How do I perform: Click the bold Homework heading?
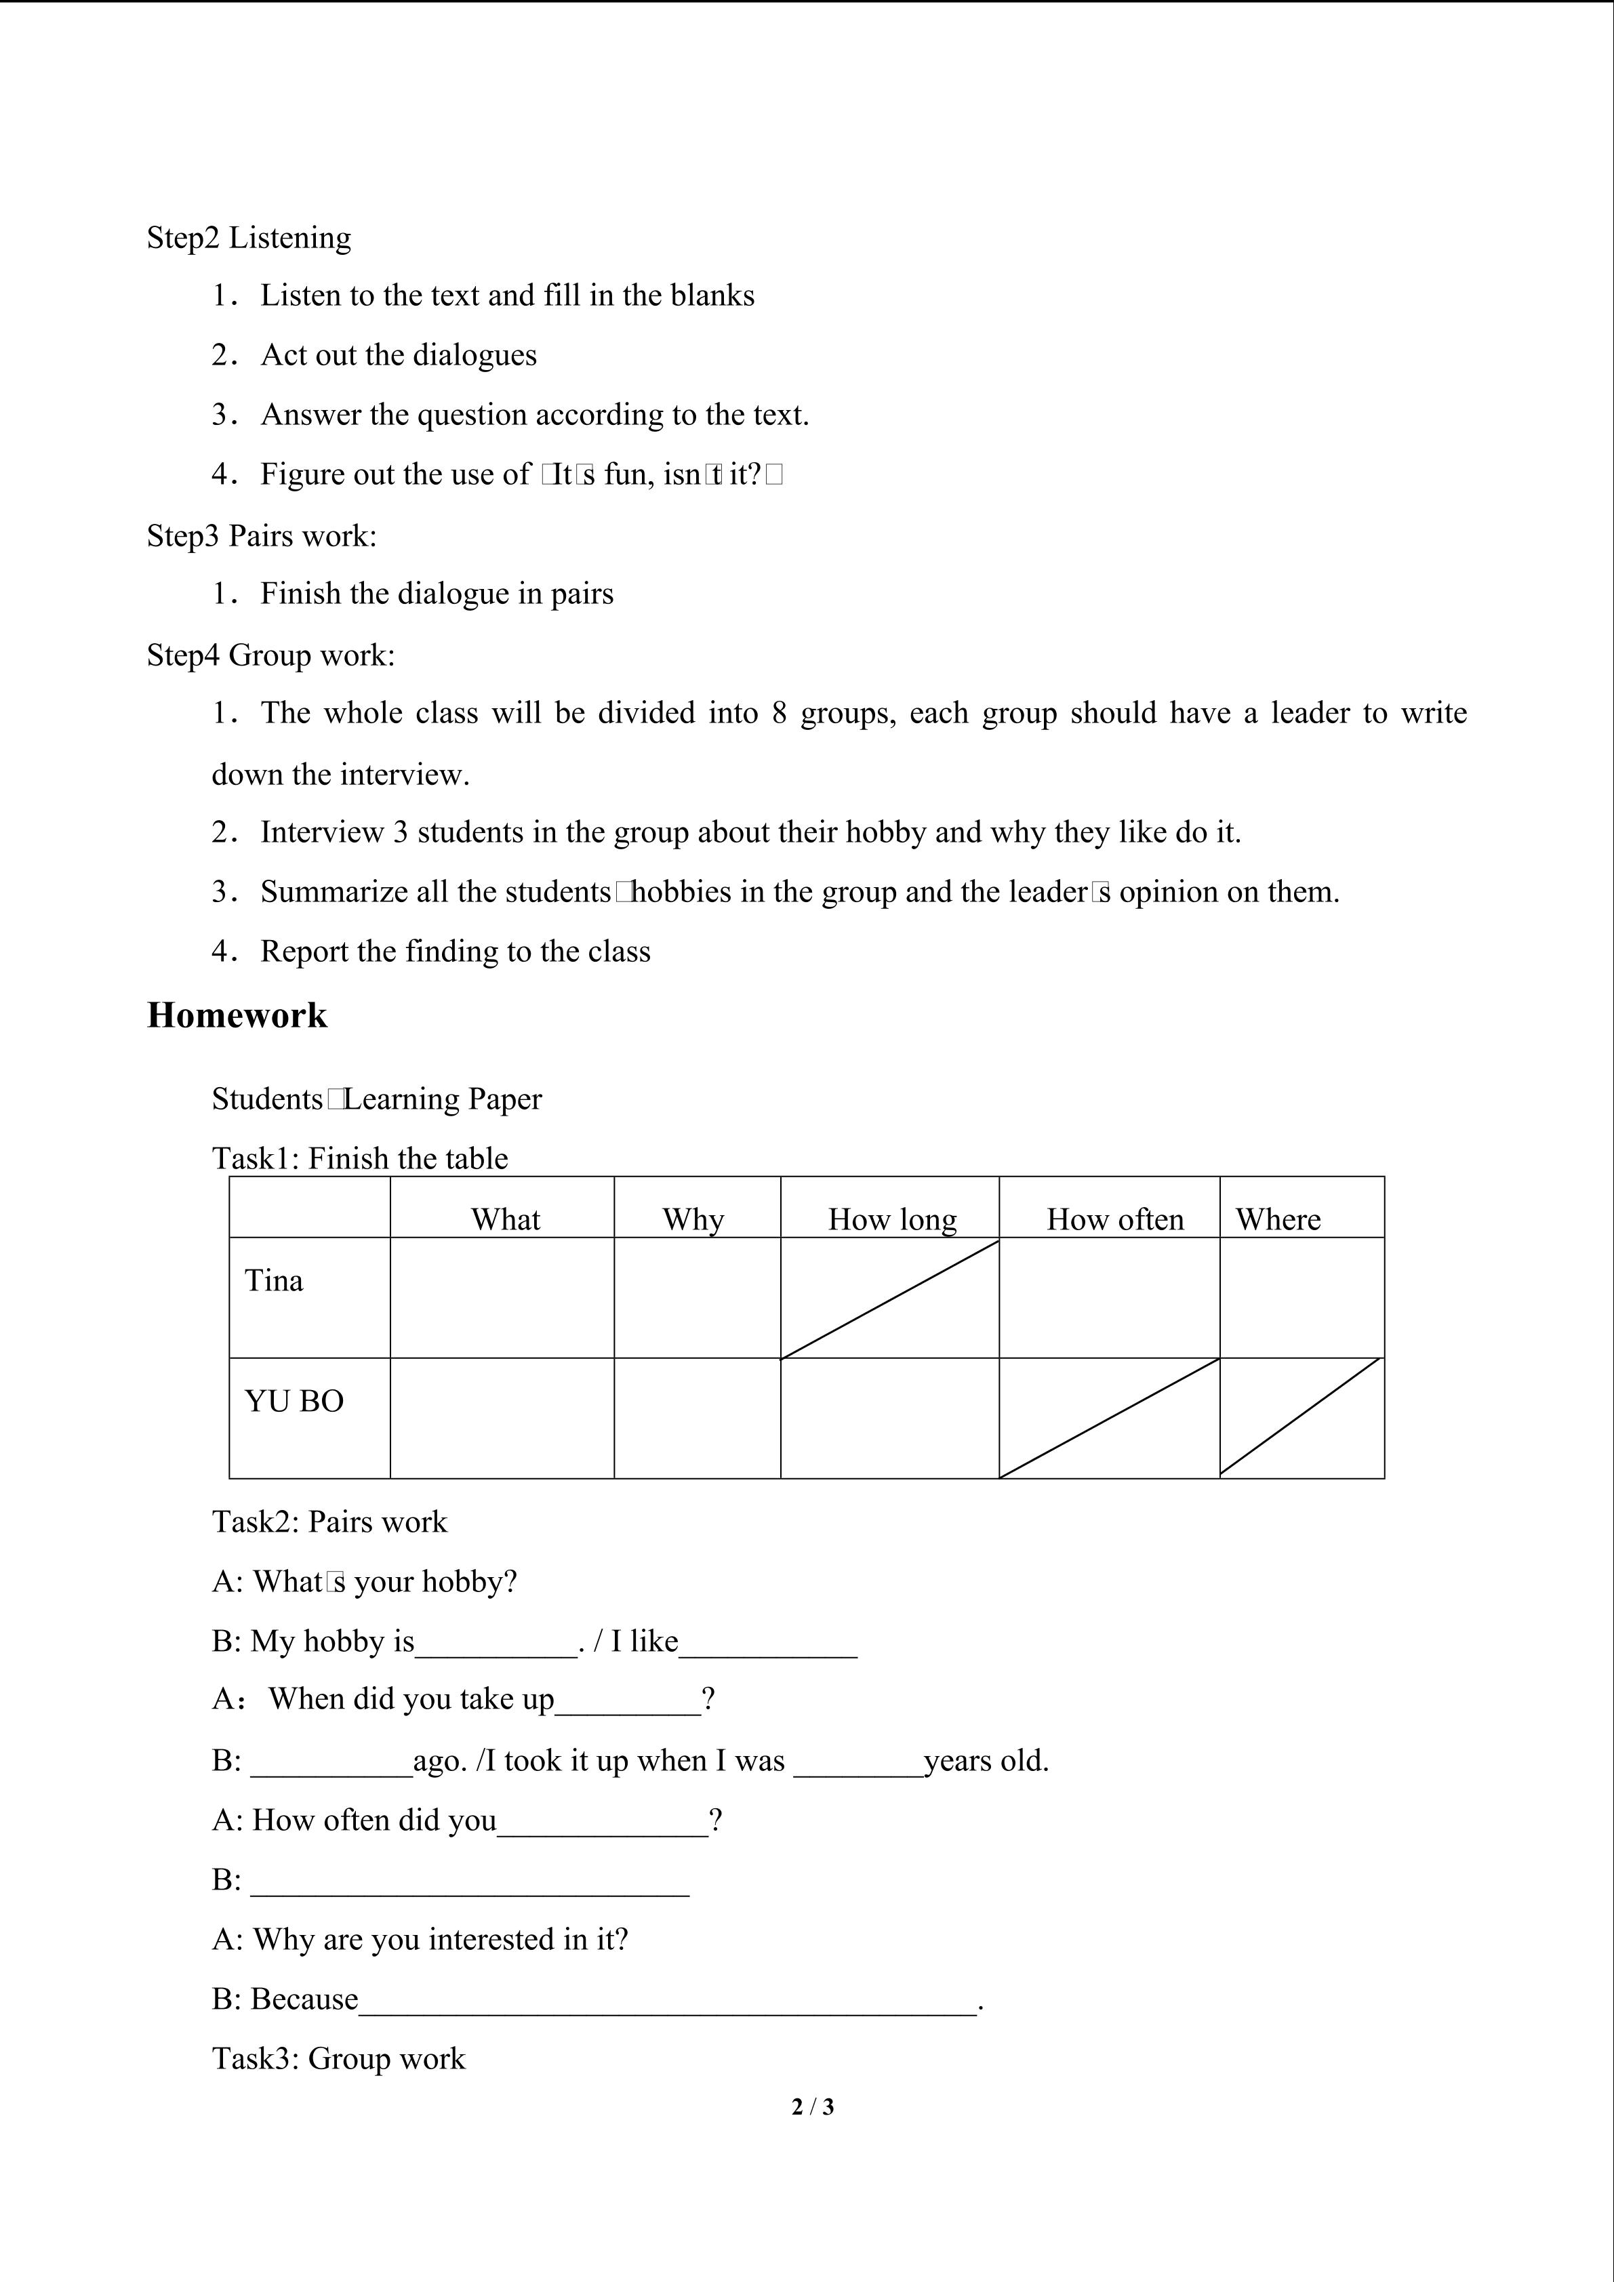[237, 1015]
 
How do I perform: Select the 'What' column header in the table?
[505, 1219]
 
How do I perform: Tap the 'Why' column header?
[693, 1219]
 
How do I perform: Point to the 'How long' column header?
[891, 1219]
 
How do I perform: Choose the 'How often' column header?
[1114, 1219]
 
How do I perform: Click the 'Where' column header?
[1277, 1219]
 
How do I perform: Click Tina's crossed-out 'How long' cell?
[889, 1298]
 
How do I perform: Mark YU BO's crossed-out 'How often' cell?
[1109, 1419]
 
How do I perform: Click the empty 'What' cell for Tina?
[502, 1298]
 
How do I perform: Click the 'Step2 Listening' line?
[249, 237]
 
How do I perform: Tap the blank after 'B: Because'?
[668, 2000]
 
